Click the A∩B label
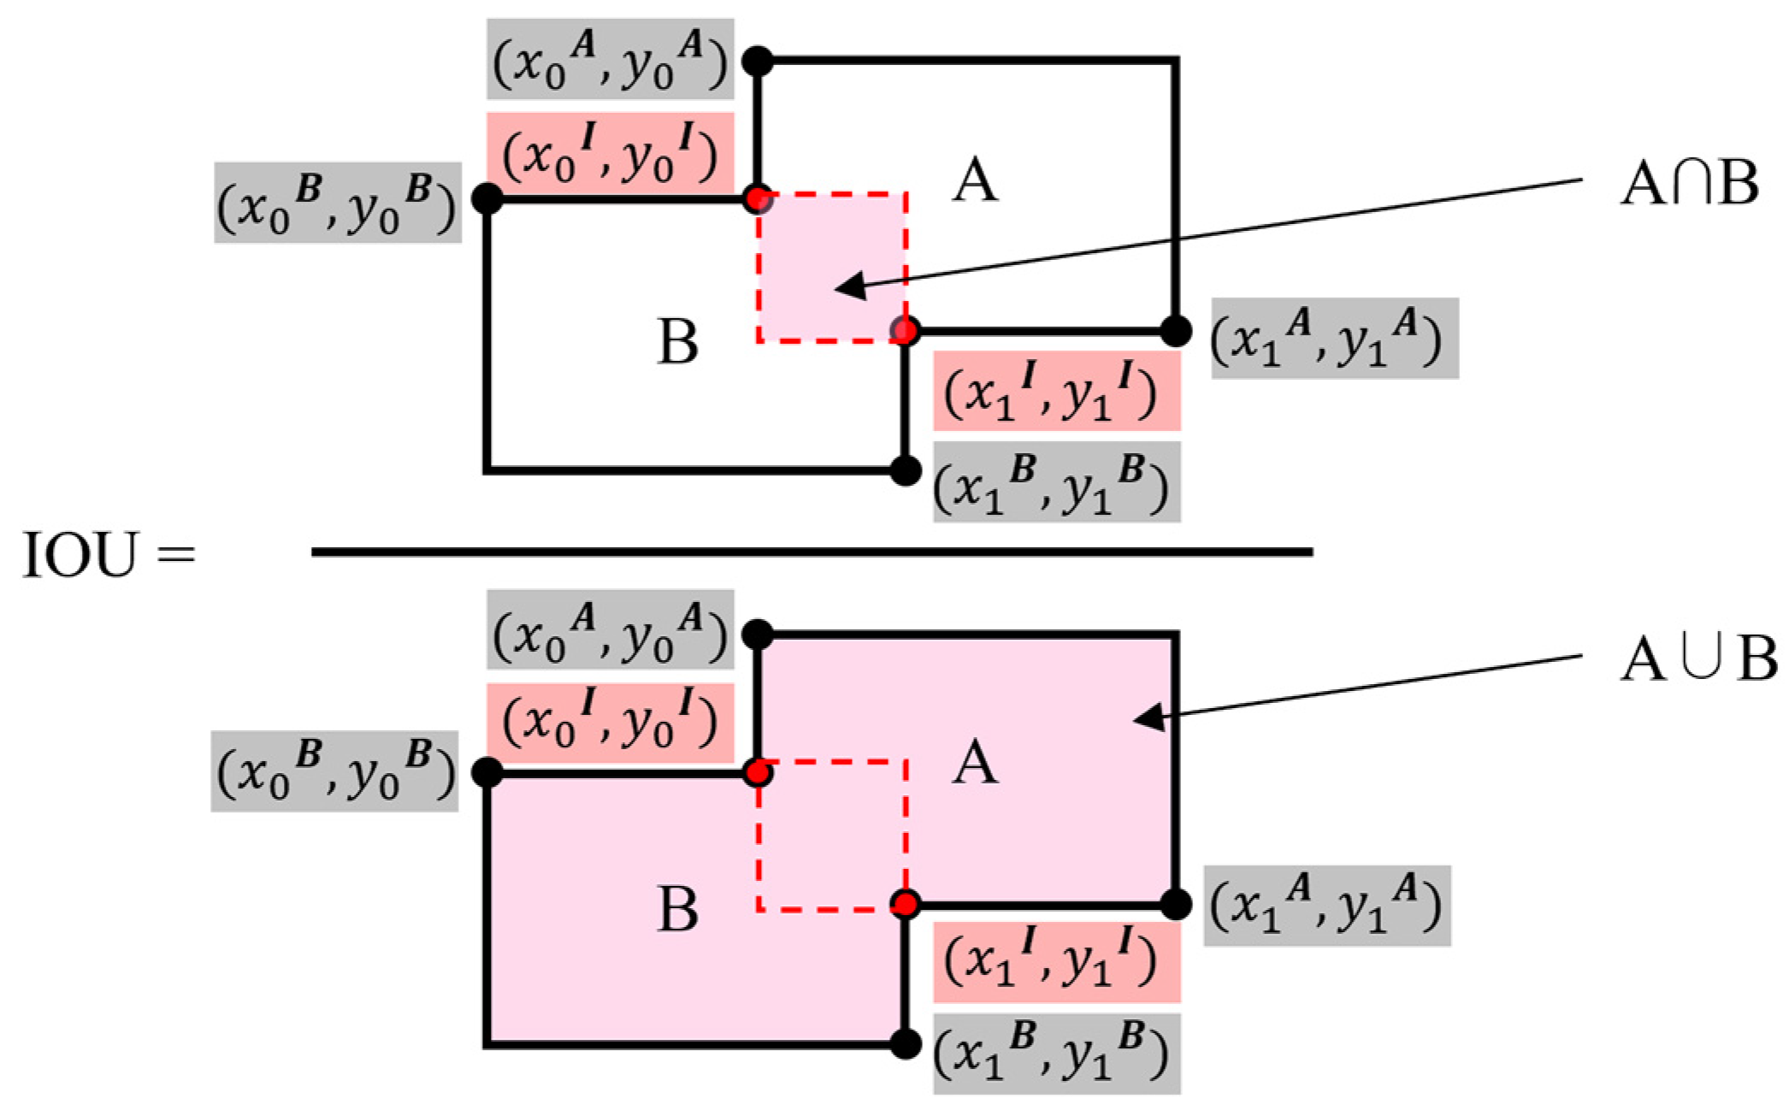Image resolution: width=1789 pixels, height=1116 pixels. (x=1688, y=185)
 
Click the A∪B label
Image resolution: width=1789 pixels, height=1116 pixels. (x=1697, y=659)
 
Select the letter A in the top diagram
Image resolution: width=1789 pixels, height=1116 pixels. (x=975, y=181)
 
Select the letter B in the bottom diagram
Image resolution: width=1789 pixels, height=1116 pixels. (x=678, y=908)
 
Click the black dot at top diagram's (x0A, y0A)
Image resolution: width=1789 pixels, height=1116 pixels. (x=758, y=62)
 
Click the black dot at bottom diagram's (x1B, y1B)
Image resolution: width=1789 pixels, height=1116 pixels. (x=905, y=1043)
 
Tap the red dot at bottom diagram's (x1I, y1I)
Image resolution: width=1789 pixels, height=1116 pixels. (x=905, y=903)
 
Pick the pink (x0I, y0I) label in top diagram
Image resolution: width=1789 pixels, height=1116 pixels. (x=611, y=152)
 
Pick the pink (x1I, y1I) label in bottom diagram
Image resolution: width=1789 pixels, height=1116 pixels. (x=1056, y=962)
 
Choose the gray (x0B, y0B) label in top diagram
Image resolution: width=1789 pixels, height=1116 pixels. (x=337, y=204)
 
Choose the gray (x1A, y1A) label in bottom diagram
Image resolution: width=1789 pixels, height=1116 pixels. (x=1327, y=906)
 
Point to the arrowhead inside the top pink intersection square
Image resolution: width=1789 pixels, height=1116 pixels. (x=847, y=288)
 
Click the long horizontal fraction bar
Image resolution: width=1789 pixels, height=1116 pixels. (x=812, y=552)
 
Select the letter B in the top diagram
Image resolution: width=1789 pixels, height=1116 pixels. (x=678, y=341)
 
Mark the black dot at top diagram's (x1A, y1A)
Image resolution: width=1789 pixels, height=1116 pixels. (x=1176, y=330)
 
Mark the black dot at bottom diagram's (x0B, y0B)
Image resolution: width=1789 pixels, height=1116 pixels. (x=487, y=772)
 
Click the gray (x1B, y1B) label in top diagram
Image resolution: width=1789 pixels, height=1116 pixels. (x=1056, y=482)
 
